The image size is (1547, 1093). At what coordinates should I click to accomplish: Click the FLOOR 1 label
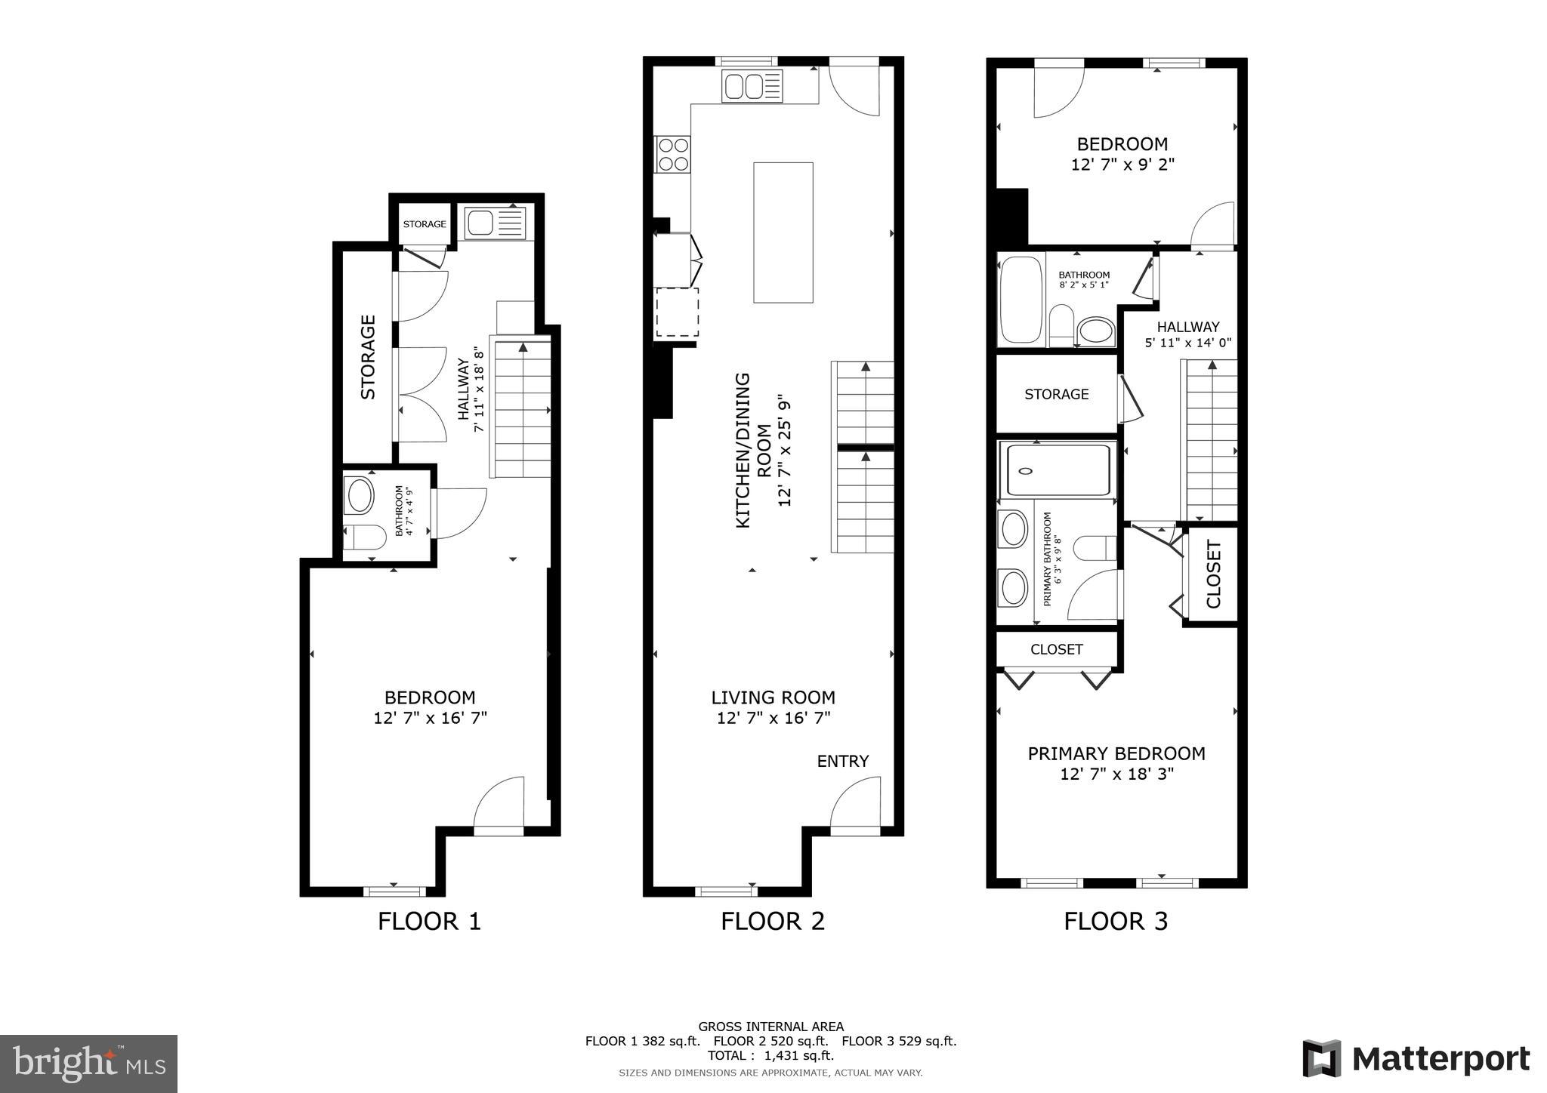click(x=429, y=921)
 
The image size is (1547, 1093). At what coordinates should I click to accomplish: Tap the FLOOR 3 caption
click(x=1116, y=921)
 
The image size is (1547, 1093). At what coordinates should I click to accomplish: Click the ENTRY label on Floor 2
click(x=842, y=761)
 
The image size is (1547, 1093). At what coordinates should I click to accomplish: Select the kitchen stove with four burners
click(x=672, y=154)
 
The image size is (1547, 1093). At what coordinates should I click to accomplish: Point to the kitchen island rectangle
click(x=783, y=232)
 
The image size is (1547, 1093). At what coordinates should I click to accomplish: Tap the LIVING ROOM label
click(x=773, y=697)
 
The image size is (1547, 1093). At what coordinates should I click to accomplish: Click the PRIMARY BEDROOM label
click(x=1116, y=753)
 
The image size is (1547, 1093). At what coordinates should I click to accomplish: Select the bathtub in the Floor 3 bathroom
click(x=1021, y=300)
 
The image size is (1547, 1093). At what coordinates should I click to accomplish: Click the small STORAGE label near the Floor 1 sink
click(x=424, y=224)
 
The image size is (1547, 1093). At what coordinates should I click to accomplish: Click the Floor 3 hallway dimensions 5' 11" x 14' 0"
click(x=1188, y=343)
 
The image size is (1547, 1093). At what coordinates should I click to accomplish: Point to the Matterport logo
click(x=1416, y=1059)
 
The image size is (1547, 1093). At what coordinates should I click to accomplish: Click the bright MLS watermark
click(x=88, y=1064)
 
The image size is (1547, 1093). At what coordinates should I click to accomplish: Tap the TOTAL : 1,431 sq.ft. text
click(x=770, y=1056)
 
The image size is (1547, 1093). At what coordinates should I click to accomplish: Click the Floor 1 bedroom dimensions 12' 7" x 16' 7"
click(x=430, y=718)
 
